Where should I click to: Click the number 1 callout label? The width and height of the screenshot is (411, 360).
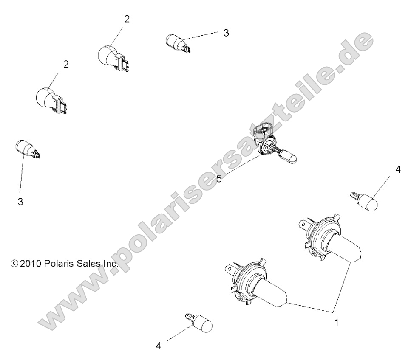tap(337, 323)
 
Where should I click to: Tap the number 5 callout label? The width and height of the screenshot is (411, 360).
tap(219, 179)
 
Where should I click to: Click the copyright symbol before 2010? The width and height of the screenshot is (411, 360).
tap(14, 263)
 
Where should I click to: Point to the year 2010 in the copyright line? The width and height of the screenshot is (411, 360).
tap(30, 263)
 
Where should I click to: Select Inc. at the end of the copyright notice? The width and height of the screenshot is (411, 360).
tap(110, 263)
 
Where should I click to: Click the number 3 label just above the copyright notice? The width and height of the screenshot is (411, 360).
tap(20, 201)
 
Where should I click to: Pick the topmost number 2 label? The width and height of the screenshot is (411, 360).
tap(127, 19)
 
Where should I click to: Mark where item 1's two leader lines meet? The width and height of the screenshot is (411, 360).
tap(333, 312)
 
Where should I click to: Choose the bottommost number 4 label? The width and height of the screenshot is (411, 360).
tap(158, 346)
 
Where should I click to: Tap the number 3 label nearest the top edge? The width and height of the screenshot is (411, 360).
tap(226, 33)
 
